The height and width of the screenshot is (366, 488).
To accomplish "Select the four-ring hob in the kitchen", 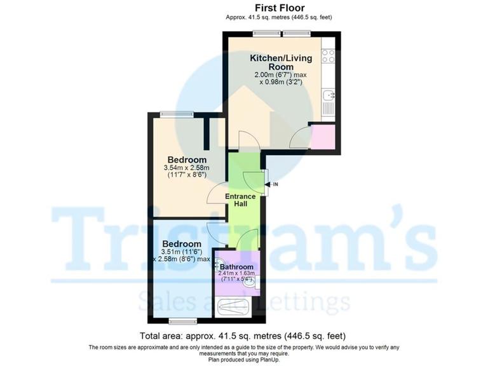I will (329, 56).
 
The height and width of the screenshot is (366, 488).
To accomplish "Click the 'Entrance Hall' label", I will (241, 201).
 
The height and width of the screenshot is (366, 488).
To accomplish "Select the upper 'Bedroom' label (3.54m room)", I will (187, 159).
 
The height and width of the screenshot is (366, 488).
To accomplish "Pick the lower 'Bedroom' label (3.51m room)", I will (182, 244).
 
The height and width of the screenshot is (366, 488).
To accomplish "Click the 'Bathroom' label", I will (237, 267).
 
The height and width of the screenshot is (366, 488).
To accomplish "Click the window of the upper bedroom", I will (177, 114).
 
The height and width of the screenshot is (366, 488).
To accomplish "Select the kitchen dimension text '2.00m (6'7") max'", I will (280, 74).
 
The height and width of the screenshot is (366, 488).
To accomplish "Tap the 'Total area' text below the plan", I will (243, 335).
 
